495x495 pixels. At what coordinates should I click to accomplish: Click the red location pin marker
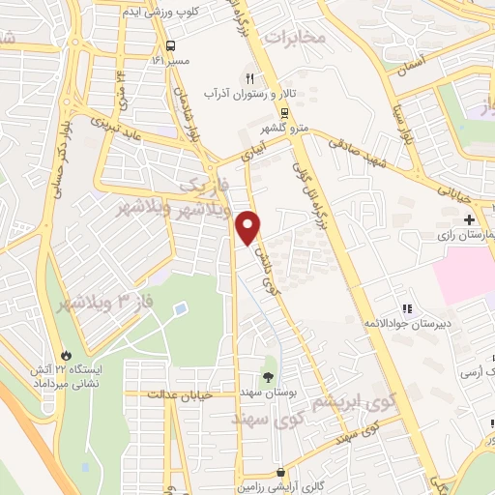pos(250,227)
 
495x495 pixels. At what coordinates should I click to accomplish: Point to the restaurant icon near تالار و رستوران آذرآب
pos(249,77)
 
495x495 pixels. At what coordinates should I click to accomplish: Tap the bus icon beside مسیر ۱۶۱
pos(171,46)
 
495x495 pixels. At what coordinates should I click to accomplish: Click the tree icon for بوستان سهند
pos(269,375)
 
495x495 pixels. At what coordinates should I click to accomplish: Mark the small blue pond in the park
pos(180,309)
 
